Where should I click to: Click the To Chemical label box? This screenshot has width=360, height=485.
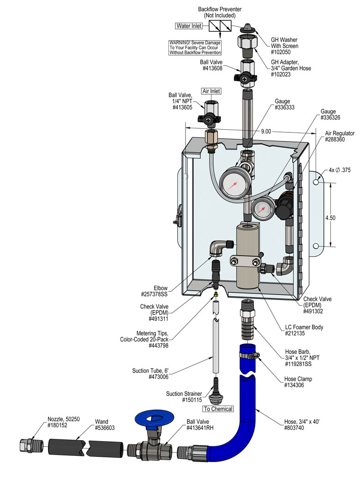click(x=218, y=409)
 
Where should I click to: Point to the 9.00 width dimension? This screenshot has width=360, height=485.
click(x=266, y=132)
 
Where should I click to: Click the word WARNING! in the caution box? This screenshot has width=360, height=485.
click(x=182, y=43)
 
